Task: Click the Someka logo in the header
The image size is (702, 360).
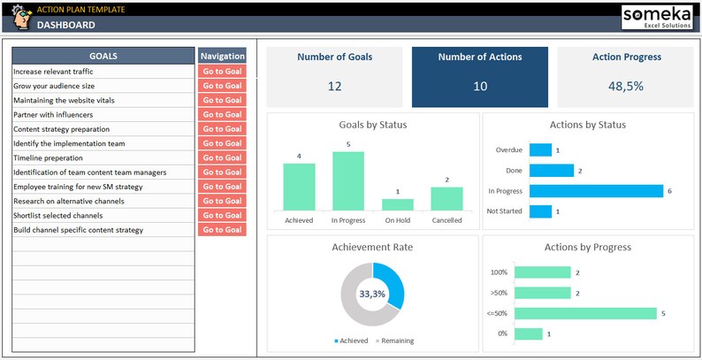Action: tap(657, 18)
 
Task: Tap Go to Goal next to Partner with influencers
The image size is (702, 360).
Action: tap(221, 115)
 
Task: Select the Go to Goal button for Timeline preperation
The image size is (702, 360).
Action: tap(221, 158)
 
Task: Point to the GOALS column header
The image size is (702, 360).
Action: tap(103, 56)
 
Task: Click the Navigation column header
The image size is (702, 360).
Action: tap(221, 56)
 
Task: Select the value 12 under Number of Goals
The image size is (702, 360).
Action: tap(334, 87)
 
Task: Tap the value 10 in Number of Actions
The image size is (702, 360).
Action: tap(480, 87)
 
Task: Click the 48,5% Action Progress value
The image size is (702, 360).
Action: tap(625, 87)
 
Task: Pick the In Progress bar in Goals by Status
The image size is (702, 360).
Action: tap(347, 181)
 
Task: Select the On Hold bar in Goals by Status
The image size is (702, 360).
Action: tap(397, 204)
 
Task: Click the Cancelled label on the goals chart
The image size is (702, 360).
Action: tap(446, 220)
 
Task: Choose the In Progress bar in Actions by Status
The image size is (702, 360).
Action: tap(596, 191)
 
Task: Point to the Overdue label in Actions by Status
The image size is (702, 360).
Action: tap(509, 150)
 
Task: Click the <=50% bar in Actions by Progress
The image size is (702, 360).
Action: tap(585, 313)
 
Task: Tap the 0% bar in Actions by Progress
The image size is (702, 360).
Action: tap(529, 333)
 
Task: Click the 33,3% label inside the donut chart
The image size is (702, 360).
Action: tap(372, 294)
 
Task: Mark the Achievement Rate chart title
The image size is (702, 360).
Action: tap(372, 247)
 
